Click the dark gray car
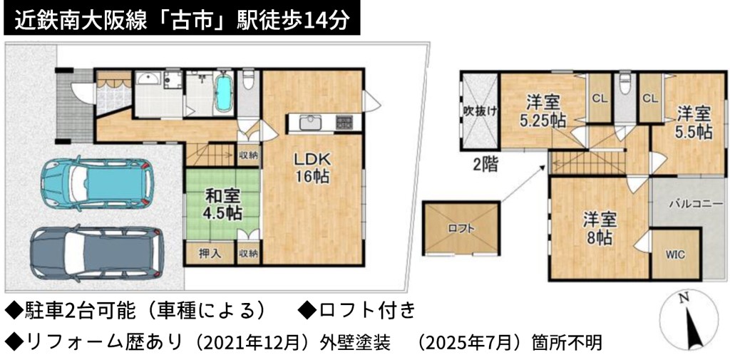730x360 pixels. pos(97,253)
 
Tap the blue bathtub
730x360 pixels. pos(225,92)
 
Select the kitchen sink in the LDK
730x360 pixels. pos(309,123)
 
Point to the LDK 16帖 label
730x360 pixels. pos(312,168)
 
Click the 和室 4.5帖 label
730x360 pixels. pos(222,205)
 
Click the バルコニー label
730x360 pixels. pos(696,204)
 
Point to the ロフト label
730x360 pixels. pos(461,229)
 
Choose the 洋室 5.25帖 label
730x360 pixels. pos(543,110)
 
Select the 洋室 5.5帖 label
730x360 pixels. pos(694,123)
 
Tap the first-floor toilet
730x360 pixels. pos(248,81)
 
